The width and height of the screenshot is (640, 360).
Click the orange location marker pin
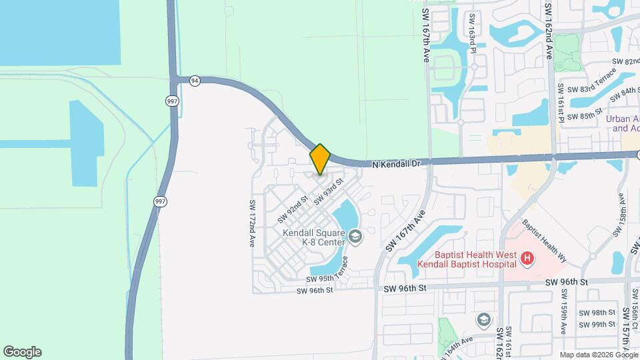point(320,159)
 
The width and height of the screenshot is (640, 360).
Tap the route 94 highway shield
point(195,80)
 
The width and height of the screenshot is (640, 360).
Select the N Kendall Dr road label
point(397,163)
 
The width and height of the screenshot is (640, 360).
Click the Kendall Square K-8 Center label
point(313,237)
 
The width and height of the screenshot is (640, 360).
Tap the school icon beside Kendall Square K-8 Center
point(355,235)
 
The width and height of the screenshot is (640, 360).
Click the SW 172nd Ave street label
point(253,224)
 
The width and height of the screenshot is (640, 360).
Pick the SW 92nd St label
point(291,209)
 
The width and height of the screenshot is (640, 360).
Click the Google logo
point(22,352)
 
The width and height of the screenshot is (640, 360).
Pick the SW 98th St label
point(597,313)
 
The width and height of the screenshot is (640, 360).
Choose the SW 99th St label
point(597,325)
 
